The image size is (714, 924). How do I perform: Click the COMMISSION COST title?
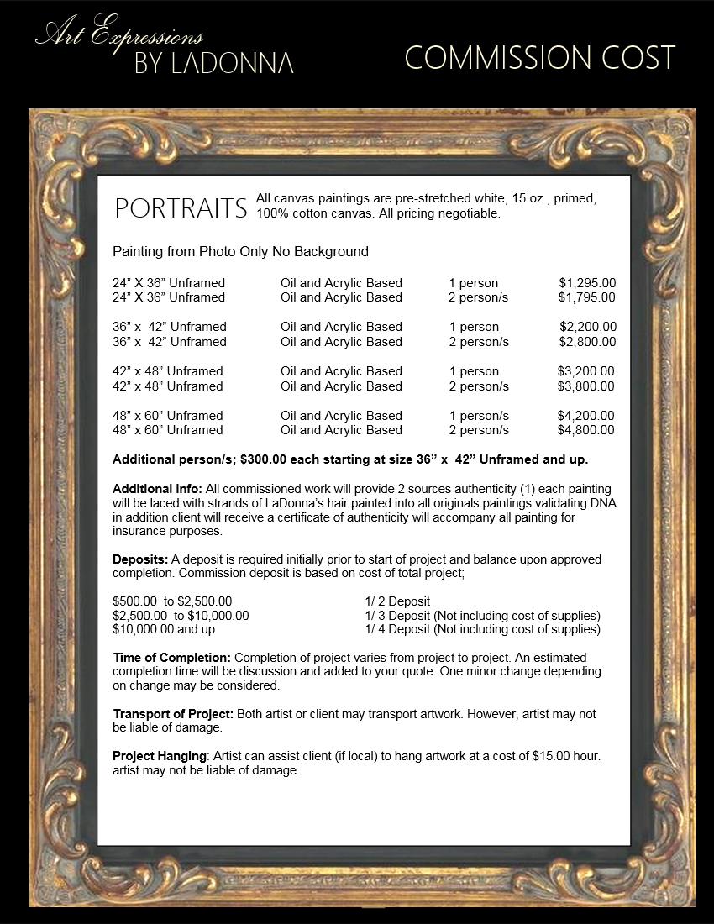pos(539,58)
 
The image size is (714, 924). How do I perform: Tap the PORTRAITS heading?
pos(181,208)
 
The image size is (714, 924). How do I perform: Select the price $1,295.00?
pos(587,283)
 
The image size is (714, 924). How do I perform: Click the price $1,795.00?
pos(587,297)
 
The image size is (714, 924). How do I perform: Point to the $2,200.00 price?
pos(588,327)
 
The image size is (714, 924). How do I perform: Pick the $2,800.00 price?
pos(587,342)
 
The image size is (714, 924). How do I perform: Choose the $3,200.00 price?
pos(585,371)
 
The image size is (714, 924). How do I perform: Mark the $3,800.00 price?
pos(585,386)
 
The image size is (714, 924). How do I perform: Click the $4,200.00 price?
pos(585,416)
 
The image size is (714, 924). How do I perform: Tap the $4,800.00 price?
pos(585,430)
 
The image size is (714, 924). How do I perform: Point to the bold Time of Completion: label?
pos(171,657)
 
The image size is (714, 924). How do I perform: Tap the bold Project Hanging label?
pos(160,756)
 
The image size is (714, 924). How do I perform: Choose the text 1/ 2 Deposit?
pos(397,601)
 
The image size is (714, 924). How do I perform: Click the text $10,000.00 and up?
pos(163,629)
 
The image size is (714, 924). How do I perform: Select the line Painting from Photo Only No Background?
pos(240,251)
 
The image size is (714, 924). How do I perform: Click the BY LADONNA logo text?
pos(213,63)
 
